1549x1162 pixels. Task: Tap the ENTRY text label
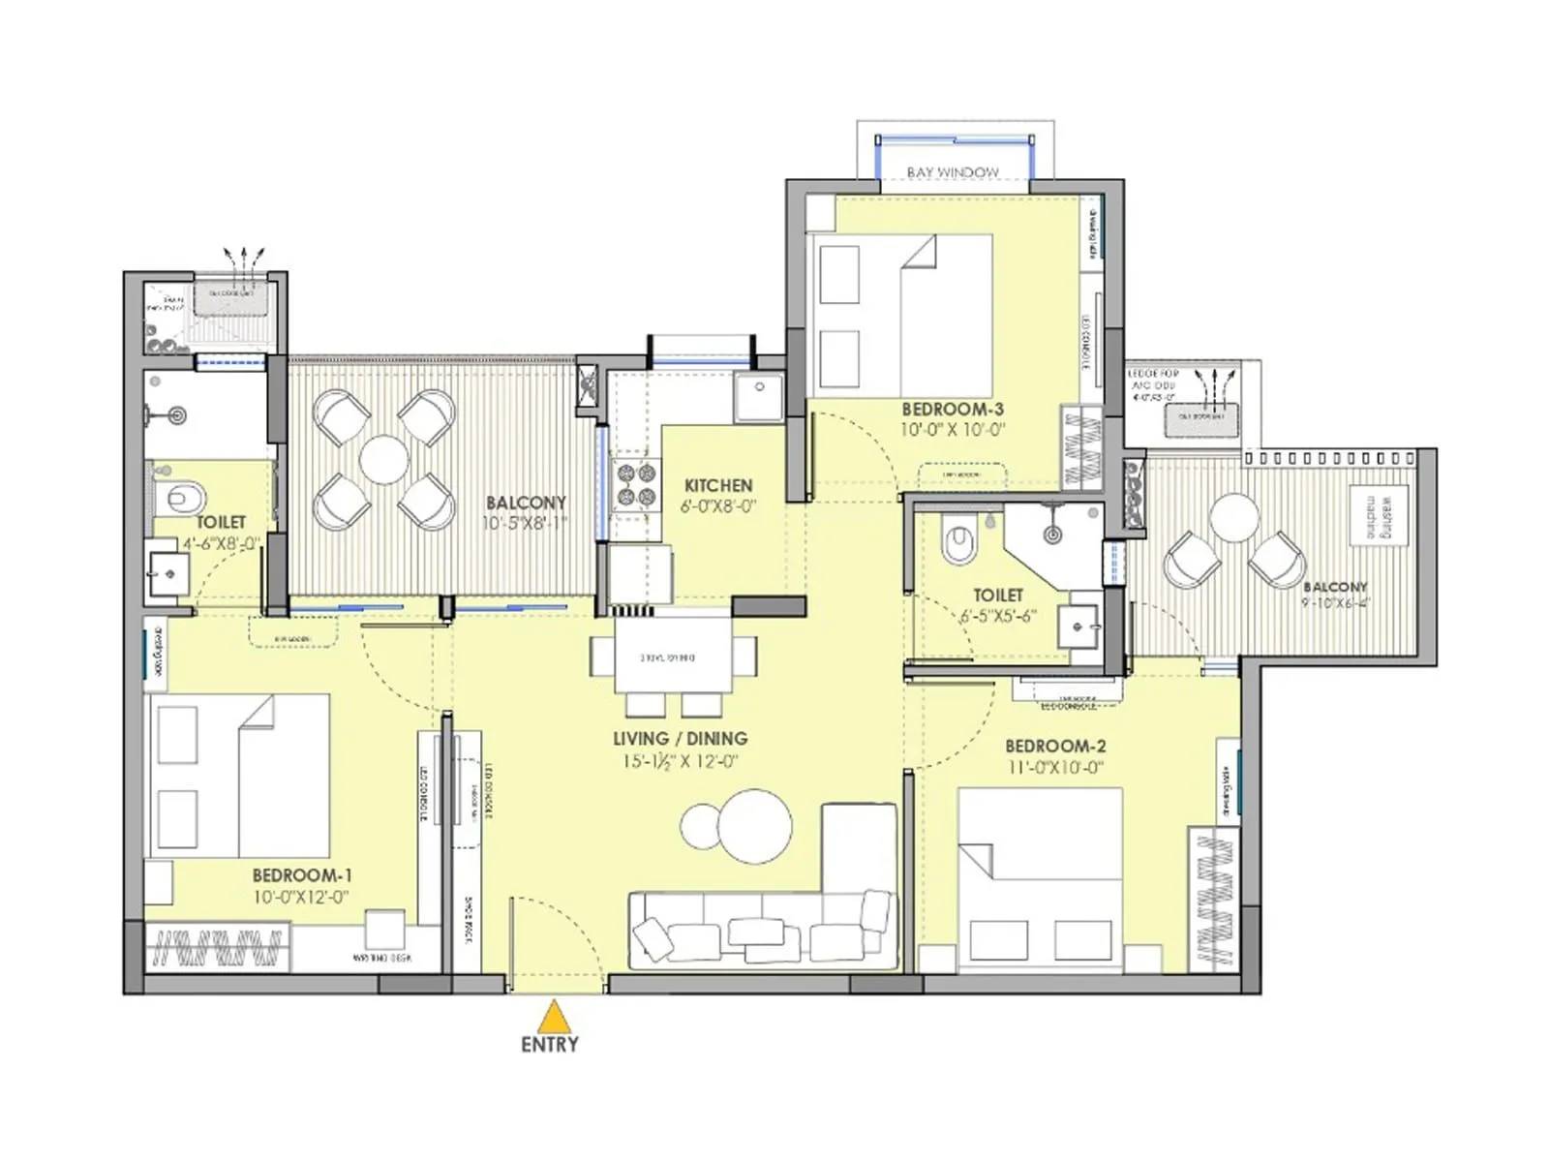(550, 1045)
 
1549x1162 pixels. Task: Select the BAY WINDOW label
(953, 172)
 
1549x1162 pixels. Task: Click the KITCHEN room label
(717, 485)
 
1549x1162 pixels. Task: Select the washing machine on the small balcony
(1379, 516)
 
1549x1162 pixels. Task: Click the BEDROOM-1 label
(302, 875)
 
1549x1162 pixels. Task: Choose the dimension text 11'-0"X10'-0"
(1054, 768)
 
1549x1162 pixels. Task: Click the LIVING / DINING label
(680, 739)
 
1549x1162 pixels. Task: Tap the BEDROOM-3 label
(952, 410)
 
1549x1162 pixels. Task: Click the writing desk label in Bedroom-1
(381, 958)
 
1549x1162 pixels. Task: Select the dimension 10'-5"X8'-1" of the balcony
(525, 524)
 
